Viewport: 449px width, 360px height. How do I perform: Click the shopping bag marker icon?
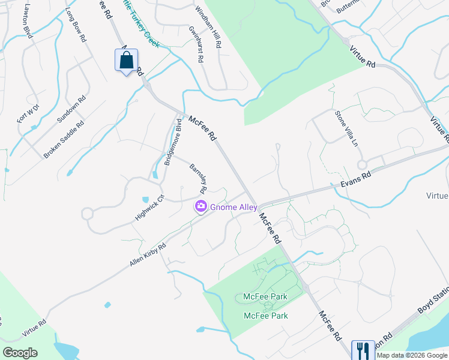point(126,61)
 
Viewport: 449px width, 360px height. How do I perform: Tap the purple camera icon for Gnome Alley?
point(200,206)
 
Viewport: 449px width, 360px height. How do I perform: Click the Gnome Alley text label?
point(234,207)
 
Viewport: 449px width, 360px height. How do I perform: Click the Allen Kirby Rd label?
point(148,256)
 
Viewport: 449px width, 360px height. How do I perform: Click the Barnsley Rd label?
point(198,178)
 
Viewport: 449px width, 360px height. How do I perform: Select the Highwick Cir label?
point(149,208)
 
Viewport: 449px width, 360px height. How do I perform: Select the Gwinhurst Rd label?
point(196,44)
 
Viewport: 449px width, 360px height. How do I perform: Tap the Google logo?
point(20,353)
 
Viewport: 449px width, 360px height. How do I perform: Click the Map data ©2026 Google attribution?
point(412,355)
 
